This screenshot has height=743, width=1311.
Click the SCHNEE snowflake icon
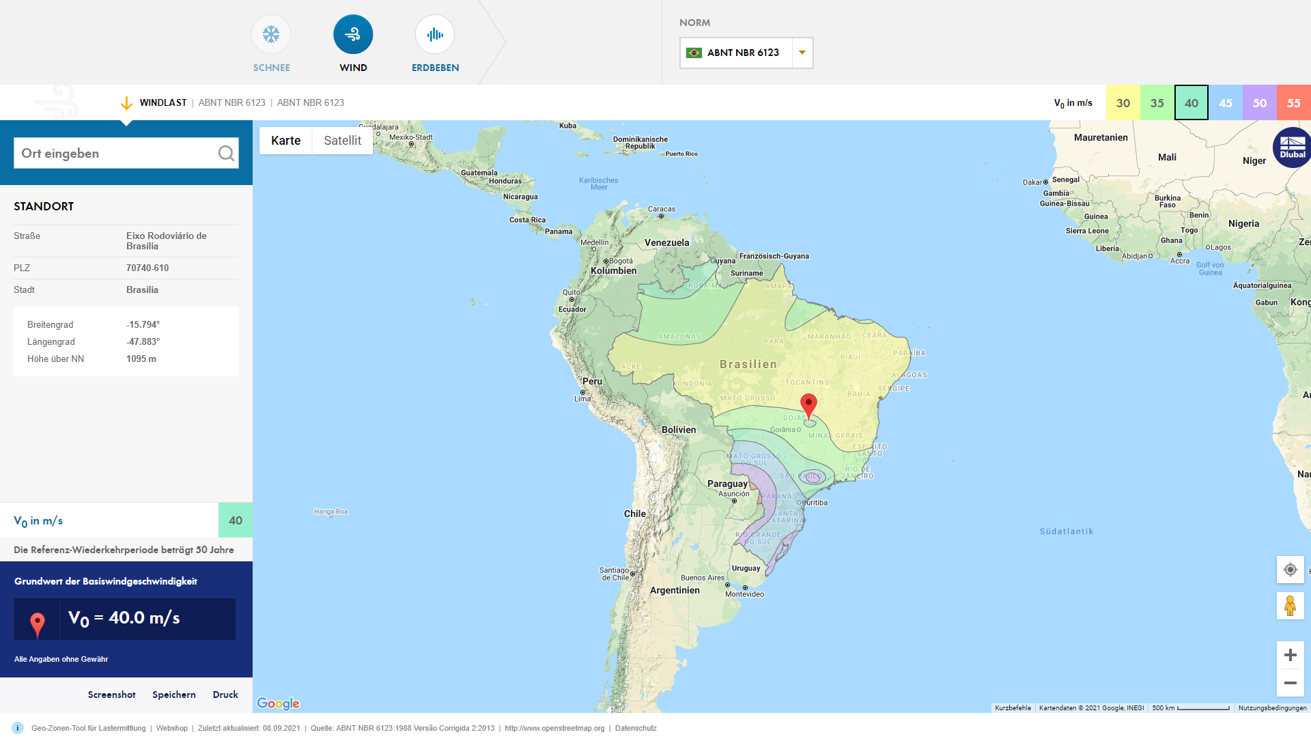(271, 35)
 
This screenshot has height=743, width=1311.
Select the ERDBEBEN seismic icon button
(435, 35)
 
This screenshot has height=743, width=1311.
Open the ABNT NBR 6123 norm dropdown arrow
(802, 53)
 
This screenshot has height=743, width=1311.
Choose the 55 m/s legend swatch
(1293, 103)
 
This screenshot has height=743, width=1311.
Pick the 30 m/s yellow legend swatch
(1123, 103)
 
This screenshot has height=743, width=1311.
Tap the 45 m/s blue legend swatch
(1225, 103)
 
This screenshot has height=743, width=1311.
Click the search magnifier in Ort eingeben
(226, 154)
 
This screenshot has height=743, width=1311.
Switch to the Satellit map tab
(342, 141)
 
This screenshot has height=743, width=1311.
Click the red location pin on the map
(808, 405)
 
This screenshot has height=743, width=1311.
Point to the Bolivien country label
(679, 430)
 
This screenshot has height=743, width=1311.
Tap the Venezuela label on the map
(666, 242)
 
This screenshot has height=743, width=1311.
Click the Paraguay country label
(727, 483)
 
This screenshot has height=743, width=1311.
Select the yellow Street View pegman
(1290, 606)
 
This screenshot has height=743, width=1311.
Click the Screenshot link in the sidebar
(112, 695)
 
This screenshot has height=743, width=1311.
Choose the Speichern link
(174, 695)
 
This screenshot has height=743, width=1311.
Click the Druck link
(225, 695)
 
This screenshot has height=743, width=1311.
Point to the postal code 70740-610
(147, 268)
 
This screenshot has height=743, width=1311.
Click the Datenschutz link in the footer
(636, 728)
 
